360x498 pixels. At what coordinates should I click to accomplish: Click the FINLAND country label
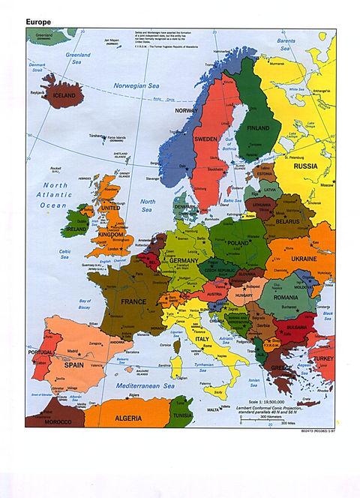tap(258, 127)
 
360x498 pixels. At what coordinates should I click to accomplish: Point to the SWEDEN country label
tap(207, 139)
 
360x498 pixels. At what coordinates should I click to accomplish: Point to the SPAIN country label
tap(73, 364)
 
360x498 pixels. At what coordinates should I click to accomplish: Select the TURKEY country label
tap(324, 359)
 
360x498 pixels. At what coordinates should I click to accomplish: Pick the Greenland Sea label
tap(77, 58)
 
